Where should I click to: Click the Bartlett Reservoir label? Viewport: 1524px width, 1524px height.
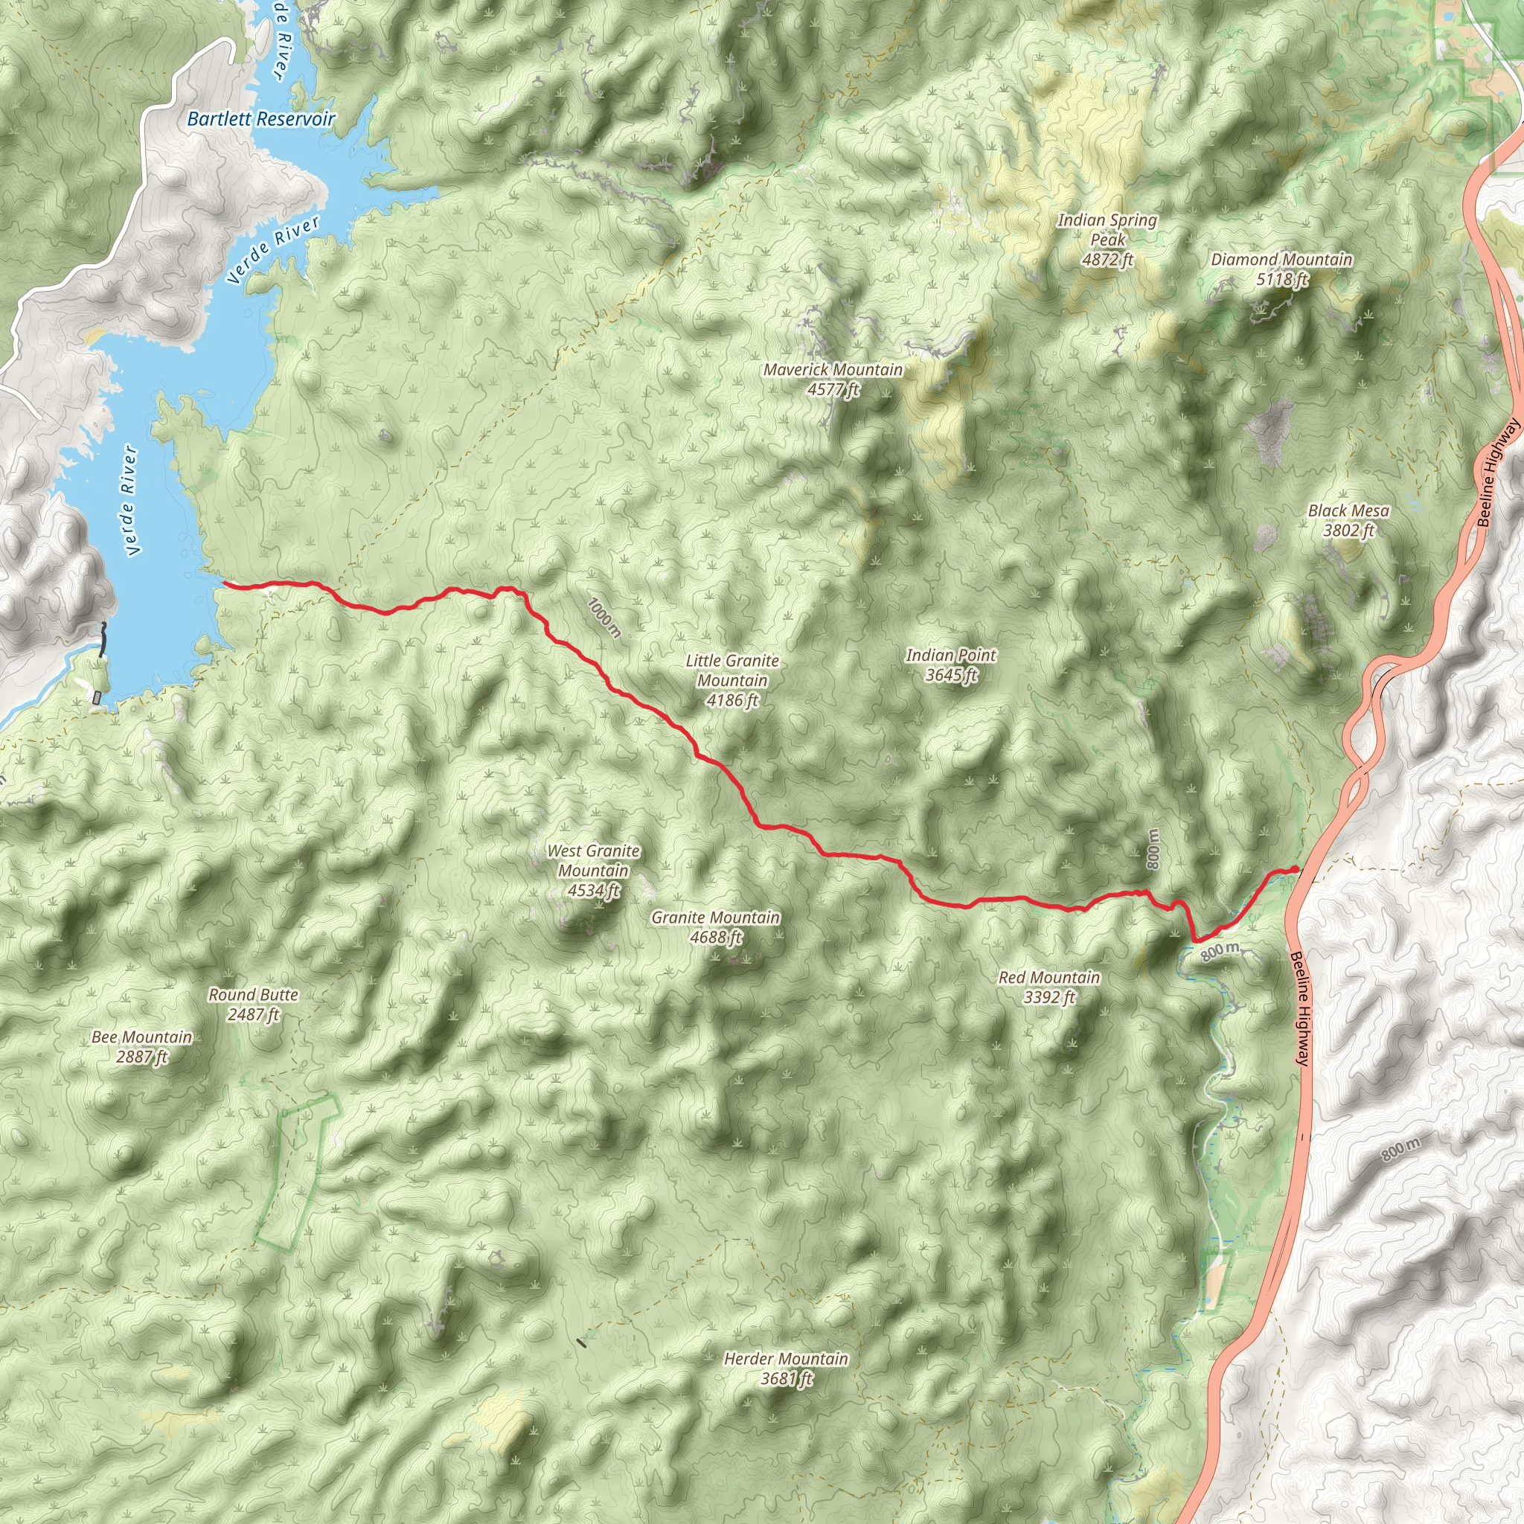[261, 119]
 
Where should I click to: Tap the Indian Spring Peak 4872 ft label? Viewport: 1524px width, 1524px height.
[1107, 240]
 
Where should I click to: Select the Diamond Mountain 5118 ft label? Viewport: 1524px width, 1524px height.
[1282, 269]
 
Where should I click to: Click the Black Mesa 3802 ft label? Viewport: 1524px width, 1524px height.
[1349, 521]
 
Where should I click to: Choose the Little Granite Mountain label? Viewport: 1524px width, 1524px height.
[732, 680]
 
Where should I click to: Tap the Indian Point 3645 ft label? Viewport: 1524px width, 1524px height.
[950, 665]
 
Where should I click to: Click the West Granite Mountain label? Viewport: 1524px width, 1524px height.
[593, 871]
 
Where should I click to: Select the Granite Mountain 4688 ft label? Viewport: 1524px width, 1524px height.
[715, 927]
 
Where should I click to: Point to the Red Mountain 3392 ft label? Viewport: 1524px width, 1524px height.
[1049, 987]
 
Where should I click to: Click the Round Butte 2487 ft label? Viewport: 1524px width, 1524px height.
[253, 1004]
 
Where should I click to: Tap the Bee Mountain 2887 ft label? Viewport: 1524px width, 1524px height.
[142, 1046]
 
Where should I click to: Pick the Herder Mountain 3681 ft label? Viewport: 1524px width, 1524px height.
[786, 1368]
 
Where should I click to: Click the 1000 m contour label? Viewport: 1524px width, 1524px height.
[605, 618]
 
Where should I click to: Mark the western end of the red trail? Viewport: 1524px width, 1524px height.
[225, 583]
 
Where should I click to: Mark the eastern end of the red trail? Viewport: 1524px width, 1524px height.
[1296, 869]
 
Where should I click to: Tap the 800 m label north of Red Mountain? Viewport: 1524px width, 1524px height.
[1153, 850]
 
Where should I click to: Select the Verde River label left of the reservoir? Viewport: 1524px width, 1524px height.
[130, 501]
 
